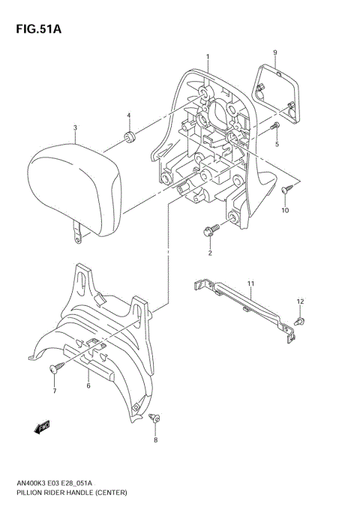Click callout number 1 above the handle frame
pyautogui.click(x=208, y=56)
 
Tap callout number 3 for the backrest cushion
pyautogui.click(x=75, y=127)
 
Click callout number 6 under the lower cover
pyautogui.click(x=88, y=385)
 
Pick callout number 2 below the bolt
pyautogui.click(x=210, y=253)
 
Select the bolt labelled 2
pyautogui.click(x=210, y=229)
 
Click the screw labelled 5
pyautogui.click(x=276, y=126)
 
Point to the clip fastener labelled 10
pyautogui.click(x=286, y=193)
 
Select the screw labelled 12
pyautogui.click(x=300, y=320)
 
